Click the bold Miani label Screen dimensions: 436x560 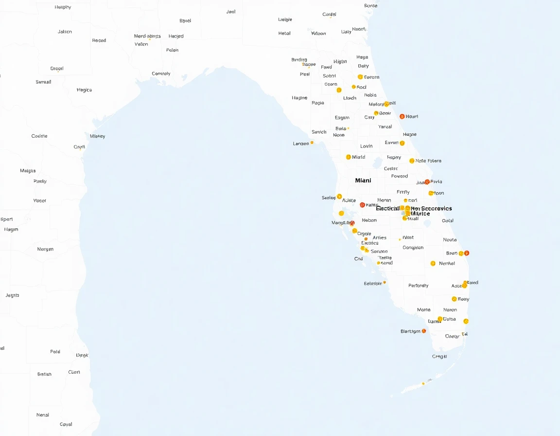point(363,181)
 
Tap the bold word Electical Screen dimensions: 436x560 point(388,208)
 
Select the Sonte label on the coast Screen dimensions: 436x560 point(370,6)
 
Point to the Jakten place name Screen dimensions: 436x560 point(65,32)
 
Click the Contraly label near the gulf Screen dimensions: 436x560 point(161,74)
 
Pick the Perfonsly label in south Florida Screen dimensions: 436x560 point(419,286)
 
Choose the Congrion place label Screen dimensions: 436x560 point(413,248)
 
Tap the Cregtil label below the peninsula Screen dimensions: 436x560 point(439,357)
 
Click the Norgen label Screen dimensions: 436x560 point(45,249)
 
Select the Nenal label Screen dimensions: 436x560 point(43,415)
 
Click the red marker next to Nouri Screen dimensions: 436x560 point(402,116)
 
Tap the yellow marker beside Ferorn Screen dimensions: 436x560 point(360,77)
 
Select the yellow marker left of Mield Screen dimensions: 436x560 point(348,157)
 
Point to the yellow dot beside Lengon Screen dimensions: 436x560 point(312,143)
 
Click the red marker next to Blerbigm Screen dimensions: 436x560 point(424,331)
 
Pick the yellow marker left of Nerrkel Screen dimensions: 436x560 point(433,263)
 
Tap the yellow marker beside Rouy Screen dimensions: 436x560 point(454,299)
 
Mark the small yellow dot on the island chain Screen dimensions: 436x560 point(423,383)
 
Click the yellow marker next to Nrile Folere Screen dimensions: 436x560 point(412,161)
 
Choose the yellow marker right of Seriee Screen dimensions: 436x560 point(339,197)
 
